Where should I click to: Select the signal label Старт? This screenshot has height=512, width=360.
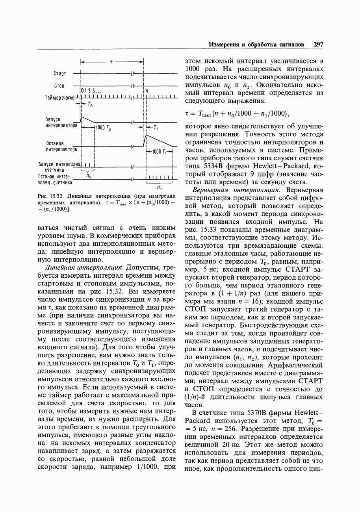click(x=60, y=74)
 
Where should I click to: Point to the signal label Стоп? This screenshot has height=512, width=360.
click(x=59, y=86)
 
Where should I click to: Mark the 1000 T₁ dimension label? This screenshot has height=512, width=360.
click(x=159, y=152)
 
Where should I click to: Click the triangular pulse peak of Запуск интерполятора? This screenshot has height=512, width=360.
click(x=82, y=117)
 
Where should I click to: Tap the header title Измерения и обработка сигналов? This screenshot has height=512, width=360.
click(x=256, y=45)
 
